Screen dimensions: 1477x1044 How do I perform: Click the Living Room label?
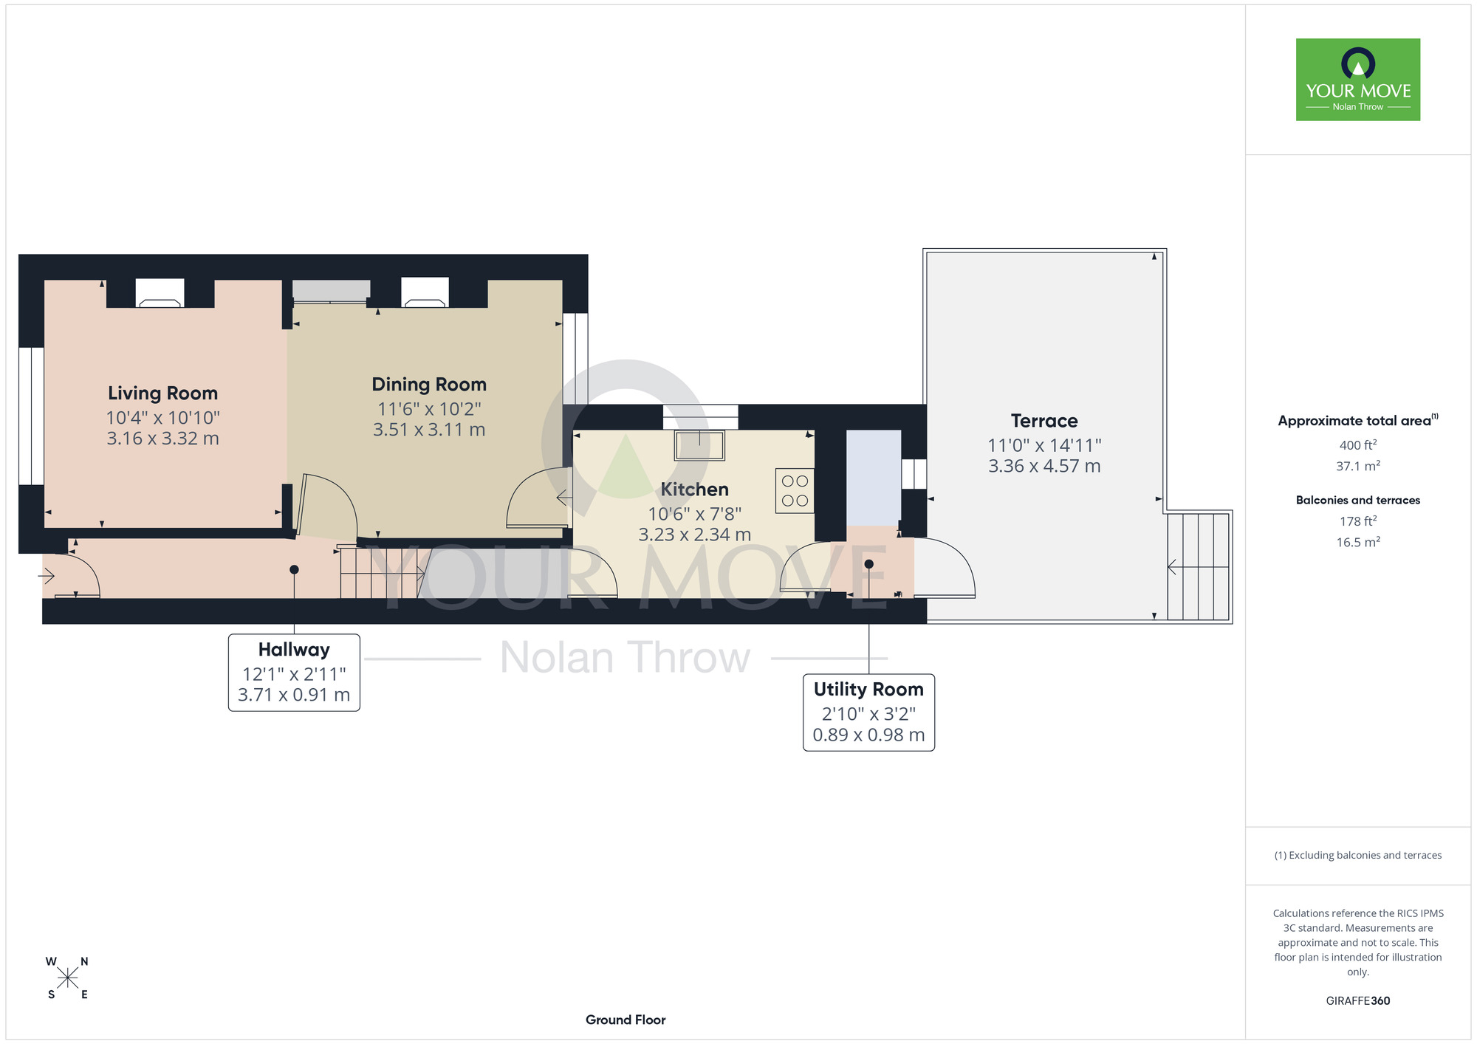click(162, 394)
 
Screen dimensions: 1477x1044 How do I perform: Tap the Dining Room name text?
click(429, 385)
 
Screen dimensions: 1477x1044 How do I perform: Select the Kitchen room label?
click(694, 490)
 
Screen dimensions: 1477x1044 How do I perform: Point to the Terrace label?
click(1044, 421)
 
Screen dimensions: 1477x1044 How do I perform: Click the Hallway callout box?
click(294, 673)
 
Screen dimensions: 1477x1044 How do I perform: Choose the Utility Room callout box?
click(868, 712)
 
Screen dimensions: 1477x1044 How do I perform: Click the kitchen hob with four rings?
click(795, 490)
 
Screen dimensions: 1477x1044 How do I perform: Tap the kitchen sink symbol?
click(699, 446)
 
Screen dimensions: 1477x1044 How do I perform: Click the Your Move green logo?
click(1358, 80)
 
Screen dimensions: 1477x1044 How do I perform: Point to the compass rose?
click(67, 978)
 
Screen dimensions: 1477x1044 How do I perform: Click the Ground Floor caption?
click(626, 1020)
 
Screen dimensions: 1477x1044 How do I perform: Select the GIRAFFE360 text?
click(1358, 1001)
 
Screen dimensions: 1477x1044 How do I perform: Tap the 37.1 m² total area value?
click(1358, 466)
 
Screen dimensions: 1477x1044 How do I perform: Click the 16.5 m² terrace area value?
click(1358, 542)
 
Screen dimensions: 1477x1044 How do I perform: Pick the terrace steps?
click(1198, 566)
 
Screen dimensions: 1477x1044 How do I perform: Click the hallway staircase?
click(383, 572)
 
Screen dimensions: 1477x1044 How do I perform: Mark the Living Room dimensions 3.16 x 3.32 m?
click(162, 439)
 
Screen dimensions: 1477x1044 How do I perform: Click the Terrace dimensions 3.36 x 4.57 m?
click(1044, 466)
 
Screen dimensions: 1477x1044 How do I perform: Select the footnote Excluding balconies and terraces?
click(1358, 855)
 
